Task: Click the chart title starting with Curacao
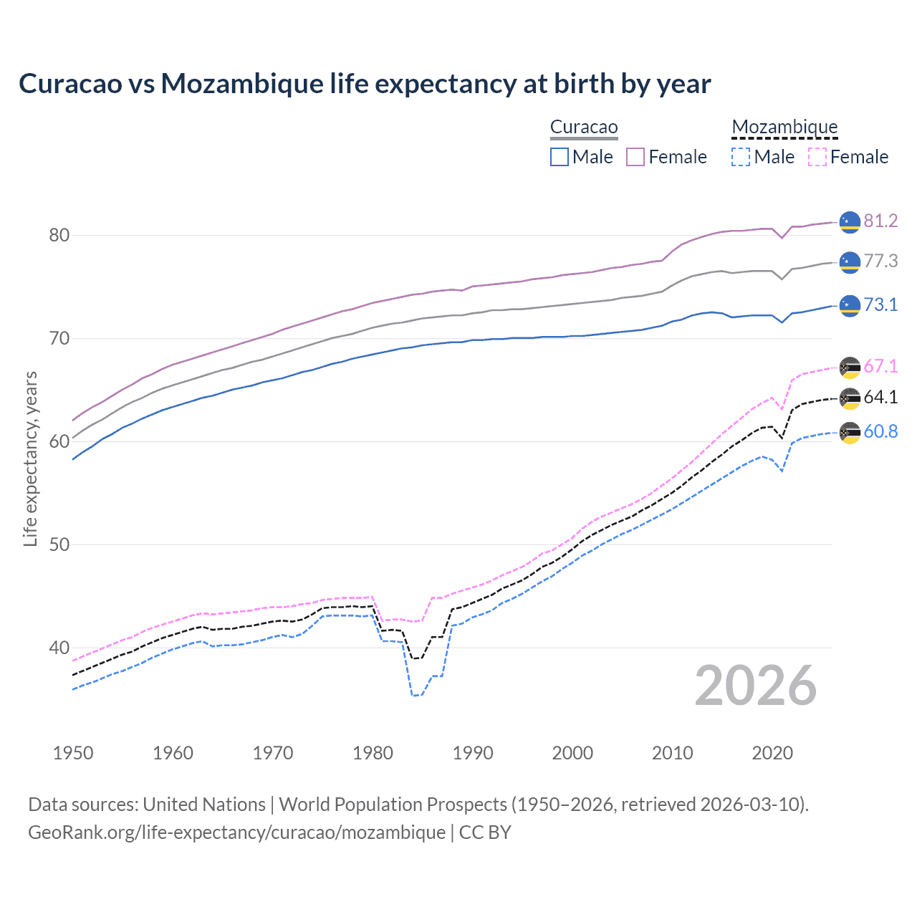365,84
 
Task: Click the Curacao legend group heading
583,127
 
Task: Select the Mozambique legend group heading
784,127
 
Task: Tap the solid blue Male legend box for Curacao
560,157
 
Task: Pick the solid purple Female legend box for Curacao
635,157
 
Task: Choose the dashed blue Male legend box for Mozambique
741,157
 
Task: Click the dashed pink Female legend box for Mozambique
817,157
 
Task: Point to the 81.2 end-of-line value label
880,221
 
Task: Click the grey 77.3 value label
880,261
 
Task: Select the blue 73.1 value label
880,304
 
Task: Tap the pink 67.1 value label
880,366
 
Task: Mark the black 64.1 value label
880,397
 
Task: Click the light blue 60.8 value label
880,431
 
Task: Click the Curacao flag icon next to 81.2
850,222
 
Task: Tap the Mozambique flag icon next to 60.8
850,433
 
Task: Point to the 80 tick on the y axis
59,235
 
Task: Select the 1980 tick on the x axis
373,753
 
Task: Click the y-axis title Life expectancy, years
30,458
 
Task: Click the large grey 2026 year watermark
756,686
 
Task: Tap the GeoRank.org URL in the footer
236,832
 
